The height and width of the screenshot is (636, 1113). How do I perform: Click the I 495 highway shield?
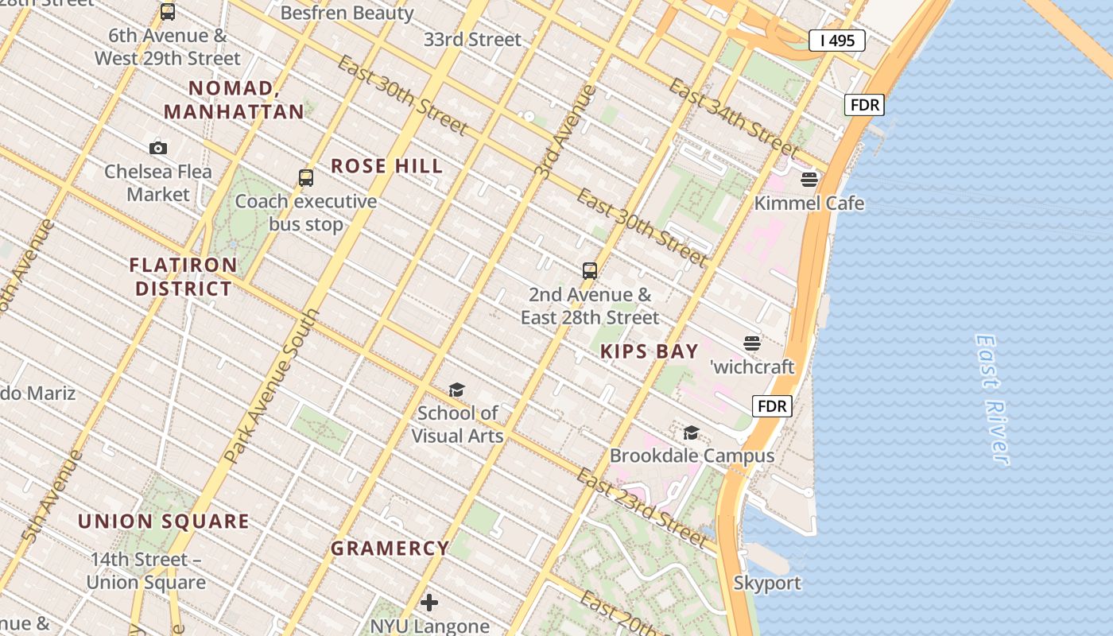tap(836, 41)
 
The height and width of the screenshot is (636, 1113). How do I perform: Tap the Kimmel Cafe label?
tap(809, 204)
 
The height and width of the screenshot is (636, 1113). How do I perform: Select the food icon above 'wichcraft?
tap(752, 343)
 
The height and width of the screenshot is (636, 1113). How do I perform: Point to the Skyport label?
tap(767, 583)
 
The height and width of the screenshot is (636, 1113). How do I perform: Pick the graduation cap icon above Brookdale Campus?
tap(692, 433)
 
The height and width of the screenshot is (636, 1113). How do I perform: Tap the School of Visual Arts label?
tap(457, 425)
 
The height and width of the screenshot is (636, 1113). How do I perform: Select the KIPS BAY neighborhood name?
tap(650, 351)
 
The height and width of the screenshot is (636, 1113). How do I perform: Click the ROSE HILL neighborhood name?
tap(386, 166)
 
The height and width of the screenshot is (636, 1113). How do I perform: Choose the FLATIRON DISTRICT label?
tap(184, 277)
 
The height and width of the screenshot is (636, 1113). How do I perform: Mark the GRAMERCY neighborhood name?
tap(390, 549)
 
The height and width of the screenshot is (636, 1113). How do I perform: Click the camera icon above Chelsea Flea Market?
tap(158, 148)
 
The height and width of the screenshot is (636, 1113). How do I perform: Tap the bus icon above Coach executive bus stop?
tap(306, 178)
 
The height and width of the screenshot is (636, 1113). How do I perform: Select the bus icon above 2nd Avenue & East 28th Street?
tap(590, 271)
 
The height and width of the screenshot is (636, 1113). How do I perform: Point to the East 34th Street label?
tap(733, 117)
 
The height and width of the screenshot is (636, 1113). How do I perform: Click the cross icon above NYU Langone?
tap(429, 603)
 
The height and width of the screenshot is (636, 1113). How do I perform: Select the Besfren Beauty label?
tap(347, 14)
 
